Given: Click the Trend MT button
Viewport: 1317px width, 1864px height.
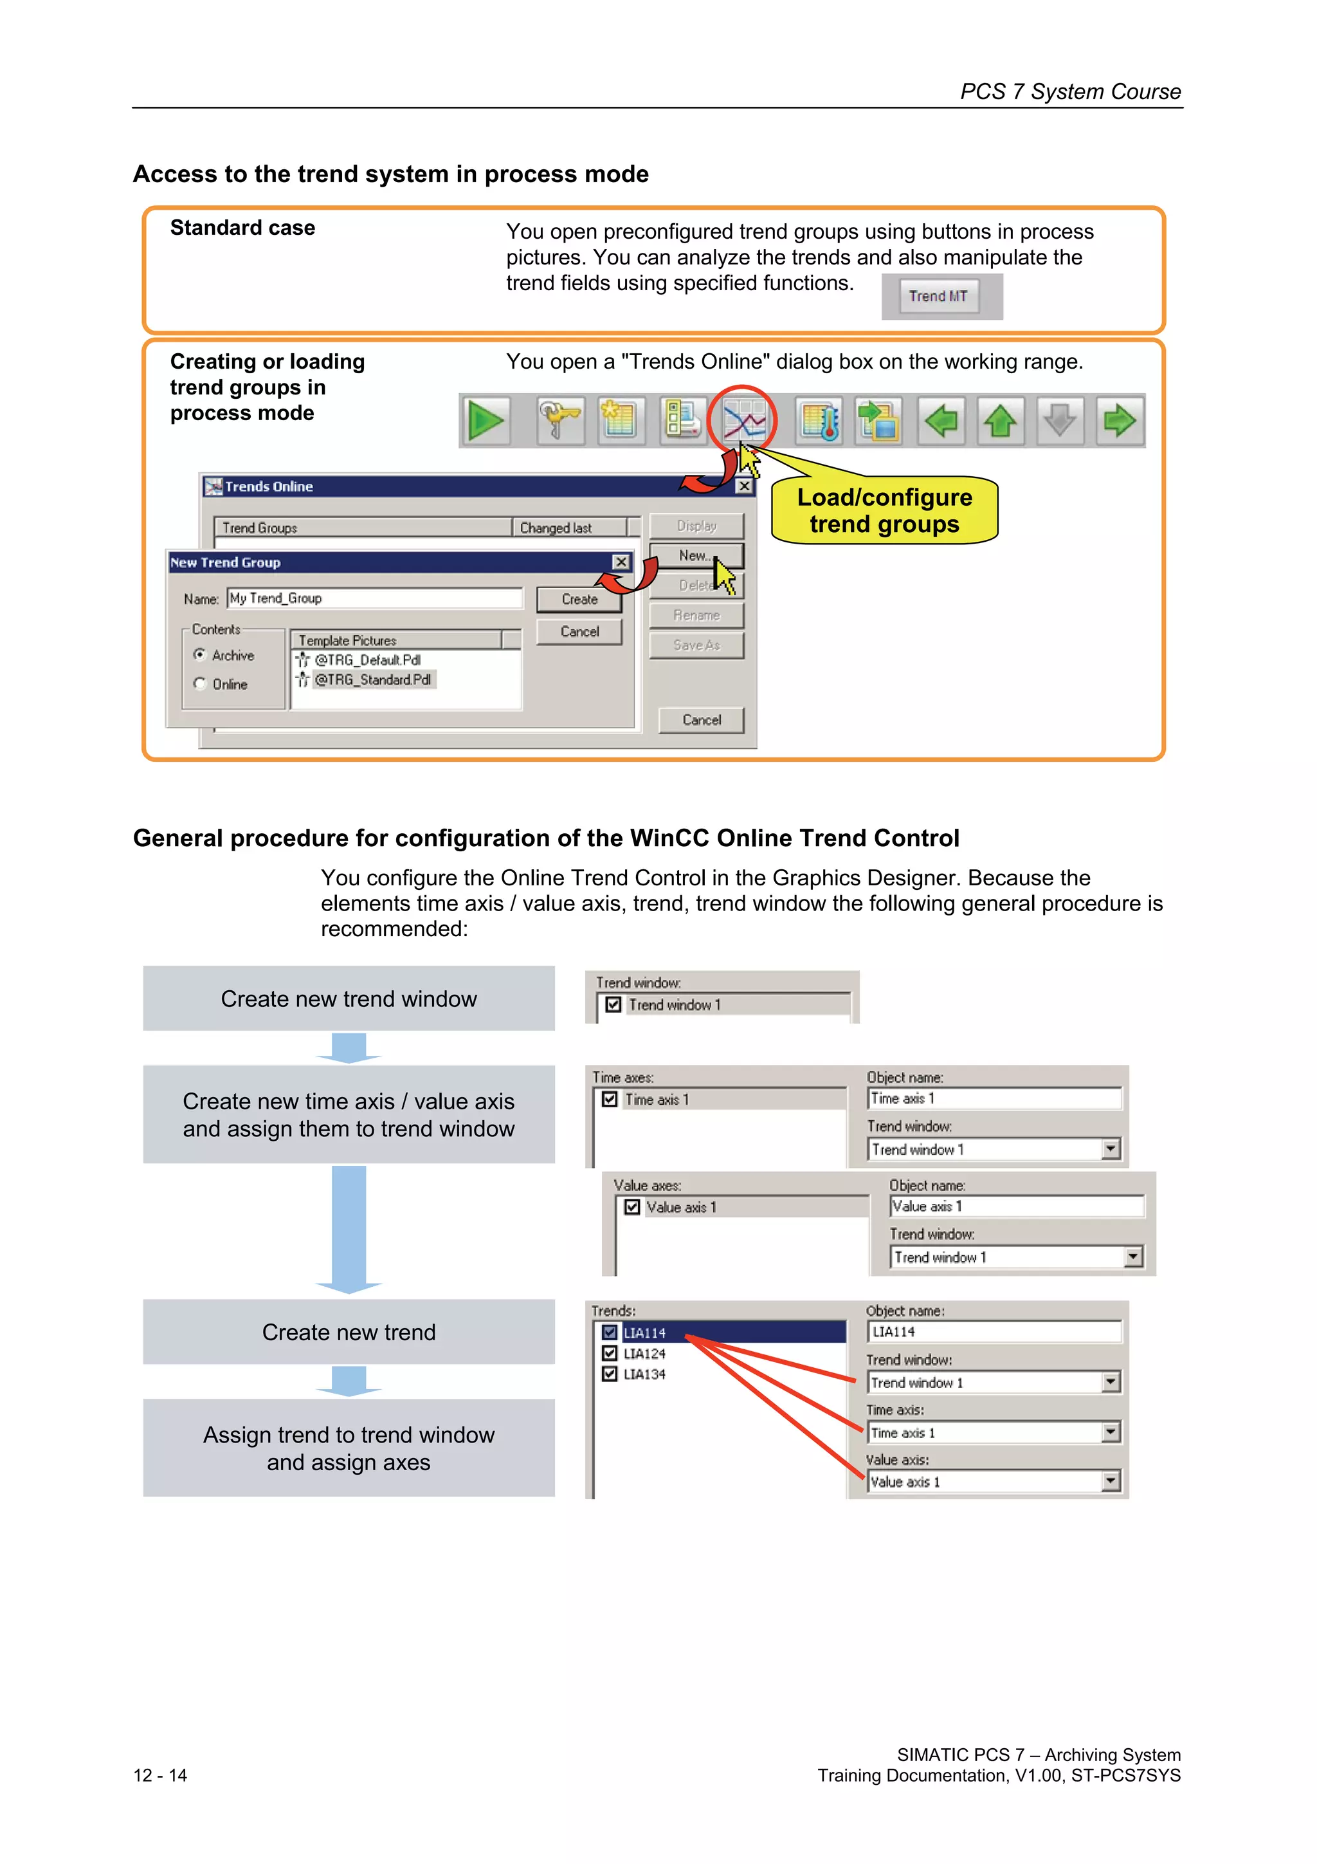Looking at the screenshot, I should pyautogui.click(x=938, y=297).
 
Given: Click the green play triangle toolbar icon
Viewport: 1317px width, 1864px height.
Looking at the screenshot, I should pyautogui.click(x=486, y=421).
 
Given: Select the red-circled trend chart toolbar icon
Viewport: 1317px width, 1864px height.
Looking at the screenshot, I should pyautogui.click(x=743, y=421).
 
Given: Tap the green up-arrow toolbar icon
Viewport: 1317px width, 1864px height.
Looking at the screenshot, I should pyautogui.click(x=1001, y=421).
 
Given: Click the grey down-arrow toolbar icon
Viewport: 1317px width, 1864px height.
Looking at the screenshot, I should pyautogui.click(x=1060, y=421).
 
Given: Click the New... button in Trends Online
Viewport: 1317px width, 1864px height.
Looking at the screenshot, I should pyautogui.click(x=695, y=556).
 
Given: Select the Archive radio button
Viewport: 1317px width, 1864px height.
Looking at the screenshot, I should pyautogui.click(x=199, y=654).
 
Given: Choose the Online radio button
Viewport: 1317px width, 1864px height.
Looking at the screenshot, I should pyautogui.click(x=199, y=683).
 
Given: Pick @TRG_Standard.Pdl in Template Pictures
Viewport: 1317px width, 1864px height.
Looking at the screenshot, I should pyautogui.click(x=372, y=679).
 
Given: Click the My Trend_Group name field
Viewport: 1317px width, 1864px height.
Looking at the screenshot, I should pyautogui.click(x=374, y=598).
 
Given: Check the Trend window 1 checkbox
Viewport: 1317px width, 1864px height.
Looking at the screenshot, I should pyautogui.click(x=614, y=1004).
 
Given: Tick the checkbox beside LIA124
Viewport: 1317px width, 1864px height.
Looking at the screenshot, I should pyautogui.click(x=610, y=1353).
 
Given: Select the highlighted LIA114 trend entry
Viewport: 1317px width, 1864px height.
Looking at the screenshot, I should pyautogui.click(x=645, y=1333).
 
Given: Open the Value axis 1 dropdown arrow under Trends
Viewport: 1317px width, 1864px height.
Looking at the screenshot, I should pyautogui.click(x=1111, y=1482).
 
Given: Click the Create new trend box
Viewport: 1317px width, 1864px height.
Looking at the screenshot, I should pyautogui.click(x=349, y=1333).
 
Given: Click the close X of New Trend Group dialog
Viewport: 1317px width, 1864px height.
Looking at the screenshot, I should pyautogui.click(x=621, y=562).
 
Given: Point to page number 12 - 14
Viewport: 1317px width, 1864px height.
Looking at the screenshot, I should pyautogui.click(x=160, y=1775).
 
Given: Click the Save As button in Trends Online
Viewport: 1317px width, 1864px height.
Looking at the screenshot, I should pyautogui.click(x=696, y=645).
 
